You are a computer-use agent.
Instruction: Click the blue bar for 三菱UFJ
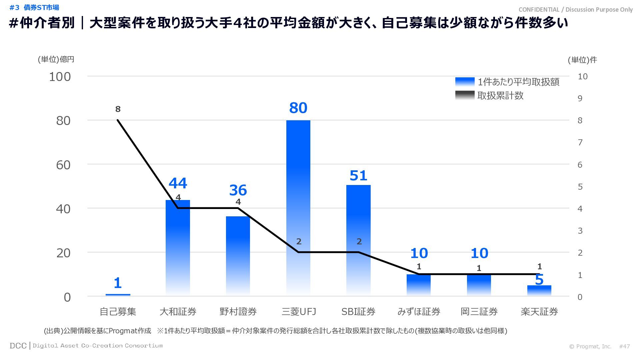pos(298,207)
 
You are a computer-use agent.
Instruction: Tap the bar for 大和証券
pos(178,247)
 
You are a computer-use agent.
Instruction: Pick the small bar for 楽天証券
pos(539,290)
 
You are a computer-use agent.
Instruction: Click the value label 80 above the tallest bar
pos(298,108)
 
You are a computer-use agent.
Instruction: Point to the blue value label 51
pos(358,176)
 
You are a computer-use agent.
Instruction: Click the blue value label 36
pos(238,190)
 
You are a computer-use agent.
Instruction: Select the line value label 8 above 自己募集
pos(118,109)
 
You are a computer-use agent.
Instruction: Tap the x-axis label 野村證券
pos(238,312)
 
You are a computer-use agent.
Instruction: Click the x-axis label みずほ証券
pos(419,312)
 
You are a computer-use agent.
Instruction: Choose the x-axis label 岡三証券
pos(479,312)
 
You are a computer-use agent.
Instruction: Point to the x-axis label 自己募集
pos(118,312)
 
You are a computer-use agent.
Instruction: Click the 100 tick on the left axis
pos(60,77)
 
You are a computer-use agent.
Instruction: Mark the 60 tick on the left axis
pos(63,165)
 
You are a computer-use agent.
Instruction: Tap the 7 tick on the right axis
pos(580,143)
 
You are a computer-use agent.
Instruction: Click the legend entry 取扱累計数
pos(500,96)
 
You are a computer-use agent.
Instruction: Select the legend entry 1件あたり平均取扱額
pos(518,82)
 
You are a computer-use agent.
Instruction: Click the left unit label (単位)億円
pos(56,59)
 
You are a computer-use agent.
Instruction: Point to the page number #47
pos(624,346)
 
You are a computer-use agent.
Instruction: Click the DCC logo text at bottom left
pos(18,346)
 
